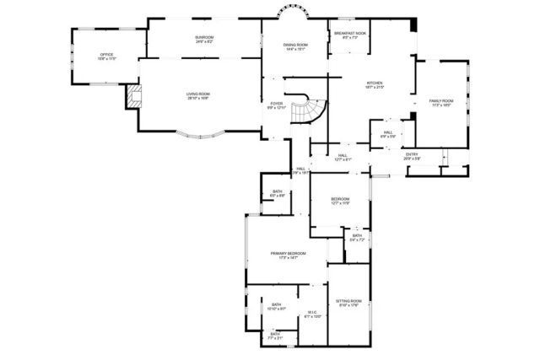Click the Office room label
coord(106,56)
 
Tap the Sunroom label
coord(203,39)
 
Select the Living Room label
coord(197,95)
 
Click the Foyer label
coord(277,105)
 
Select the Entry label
coord(412,156)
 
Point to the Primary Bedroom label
coord(287,255)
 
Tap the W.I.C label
coord(311,314)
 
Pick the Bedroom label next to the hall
coord(339,201)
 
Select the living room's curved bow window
coord(199,134)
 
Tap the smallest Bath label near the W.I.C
coord(276,335)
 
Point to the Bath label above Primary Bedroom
coord(278,193)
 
